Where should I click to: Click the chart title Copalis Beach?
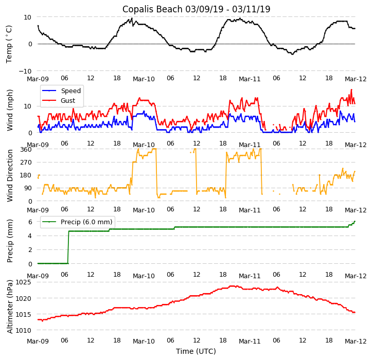[196, 9]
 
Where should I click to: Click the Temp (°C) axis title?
[9, 44]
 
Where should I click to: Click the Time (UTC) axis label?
[196, 351]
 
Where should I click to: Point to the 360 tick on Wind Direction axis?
[26, 150]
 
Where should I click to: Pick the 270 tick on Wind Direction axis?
[26, 163]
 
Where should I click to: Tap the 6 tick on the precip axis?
[29, 222]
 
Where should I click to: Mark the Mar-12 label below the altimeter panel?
[355, 341]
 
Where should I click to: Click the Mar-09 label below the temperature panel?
[38, 79]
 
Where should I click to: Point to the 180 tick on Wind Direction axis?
[26, 175]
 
